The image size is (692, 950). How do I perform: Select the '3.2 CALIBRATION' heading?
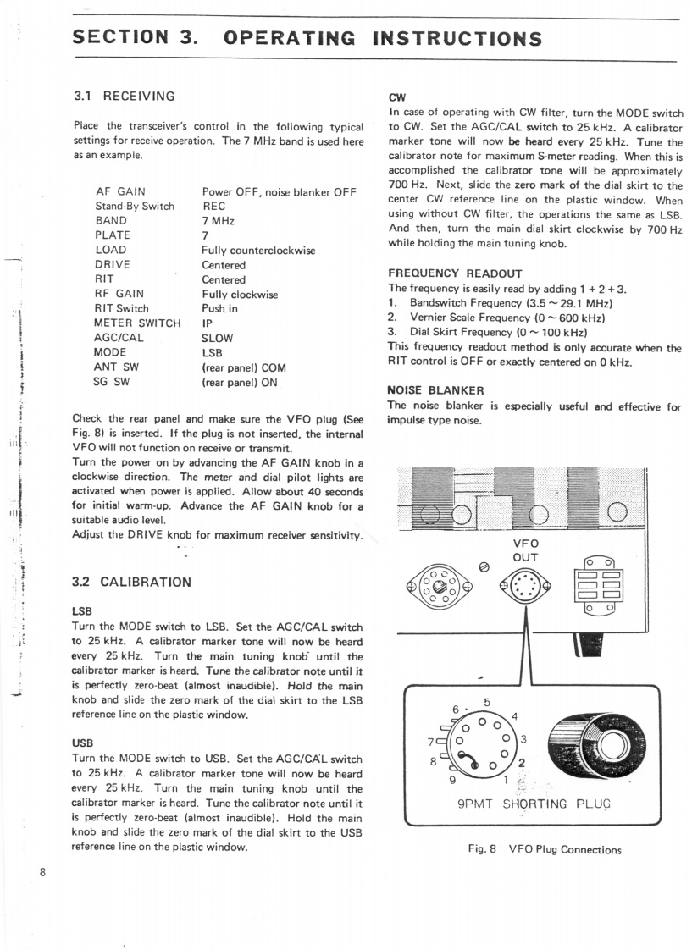(132, 582)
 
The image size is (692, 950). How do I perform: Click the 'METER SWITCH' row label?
(137, 323)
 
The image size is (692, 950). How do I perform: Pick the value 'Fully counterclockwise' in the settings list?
(258, 250)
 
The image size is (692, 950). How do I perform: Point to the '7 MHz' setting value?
(218, 220)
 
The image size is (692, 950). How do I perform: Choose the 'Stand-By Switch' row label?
(135, 206)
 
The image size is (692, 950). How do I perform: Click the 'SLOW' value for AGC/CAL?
(217, 338)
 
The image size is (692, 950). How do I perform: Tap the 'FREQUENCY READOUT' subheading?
(455, 273)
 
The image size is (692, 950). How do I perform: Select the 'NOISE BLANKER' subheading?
(435, 390)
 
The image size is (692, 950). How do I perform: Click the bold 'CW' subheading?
(396, 97)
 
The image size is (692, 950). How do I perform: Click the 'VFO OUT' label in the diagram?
(526, 550)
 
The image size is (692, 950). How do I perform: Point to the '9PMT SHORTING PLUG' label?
(532, 804)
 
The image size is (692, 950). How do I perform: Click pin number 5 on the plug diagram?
(487, 702)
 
